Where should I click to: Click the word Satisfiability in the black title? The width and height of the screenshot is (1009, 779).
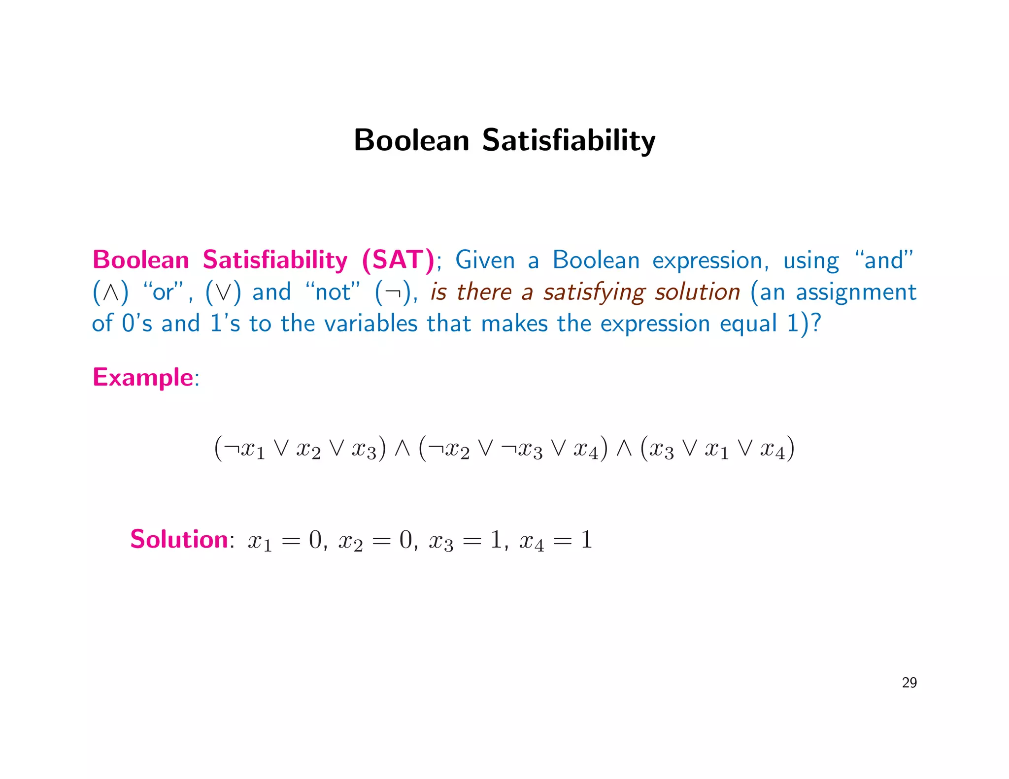tap(569, 140)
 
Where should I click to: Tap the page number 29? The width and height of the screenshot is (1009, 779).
tap(909, 682)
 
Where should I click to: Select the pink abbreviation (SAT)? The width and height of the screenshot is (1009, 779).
tap(398, 260)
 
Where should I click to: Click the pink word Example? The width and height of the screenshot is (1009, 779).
tap(143, 378)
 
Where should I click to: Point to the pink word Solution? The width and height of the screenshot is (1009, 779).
tap(179, 539)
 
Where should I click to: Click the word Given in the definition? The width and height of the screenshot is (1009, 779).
tap(485, 260)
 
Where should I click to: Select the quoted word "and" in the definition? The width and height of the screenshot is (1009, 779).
tap(884, 260)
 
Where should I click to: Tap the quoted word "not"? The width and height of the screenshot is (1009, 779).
tap(333, 292)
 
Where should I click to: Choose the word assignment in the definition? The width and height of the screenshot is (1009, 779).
tap(856, 292)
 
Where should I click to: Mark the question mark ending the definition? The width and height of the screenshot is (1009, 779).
tap(816, 324)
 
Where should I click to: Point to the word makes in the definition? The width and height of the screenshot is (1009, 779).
tap(514, 324)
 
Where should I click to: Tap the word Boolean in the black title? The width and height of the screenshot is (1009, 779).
tap(411, 140)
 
